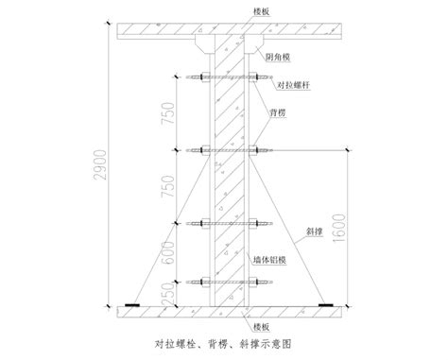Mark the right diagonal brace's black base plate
(x=332, y=306)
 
